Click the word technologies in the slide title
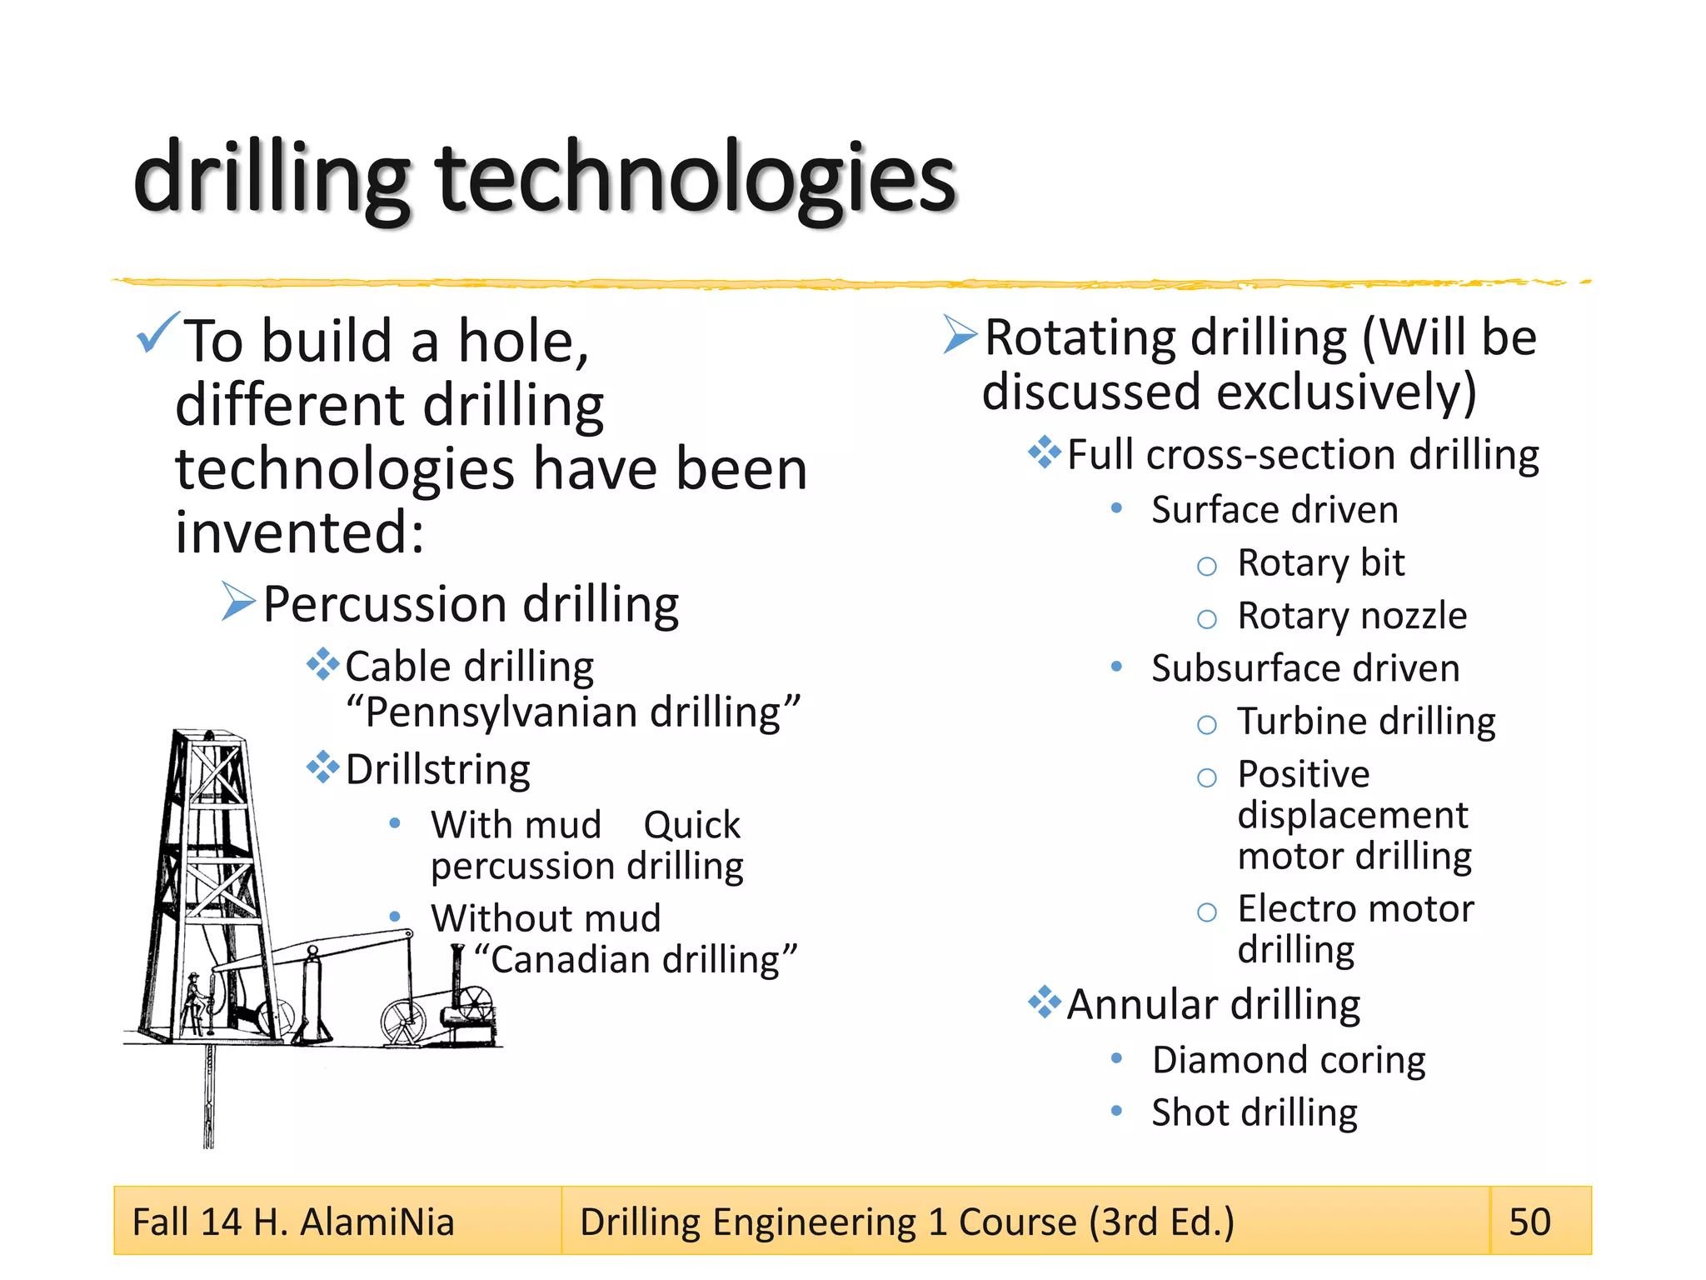pyautogui.click(x=696, y=179)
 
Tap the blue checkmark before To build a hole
pyautogui.click(x=157, y=332)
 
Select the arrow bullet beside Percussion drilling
pyautogui.click(x=237, y=602)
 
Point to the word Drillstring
pyautogui.click(x=437, y=770)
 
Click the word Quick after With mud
pyautogui.click(x=691, y=826)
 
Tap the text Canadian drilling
pyautogui.click(x=636, y=960)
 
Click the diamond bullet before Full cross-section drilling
pyautogui.click(x=1044, y=452)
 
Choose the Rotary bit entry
pyautogui.click(x=1320, y=563)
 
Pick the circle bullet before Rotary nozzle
pyautogui.click(x=1206, y=619)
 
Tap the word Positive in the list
pyautogui.click(x=1304, y=774)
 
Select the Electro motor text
pyautogui.click(x=1355, y=909)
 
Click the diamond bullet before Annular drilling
pyautogui.click(x=1044, y=1002)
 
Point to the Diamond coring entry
pyautogui.click(x=1289, y=1060)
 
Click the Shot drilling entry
pyautogui.click(x=1255, y=1113)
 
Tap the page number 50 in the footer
pyautogui.click(x=1529, y=1222)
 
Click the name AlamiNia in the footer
pyautogui.click(x=377, y=1222)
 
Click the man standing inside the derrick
pyautogui.click(x=194, y=1001)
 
